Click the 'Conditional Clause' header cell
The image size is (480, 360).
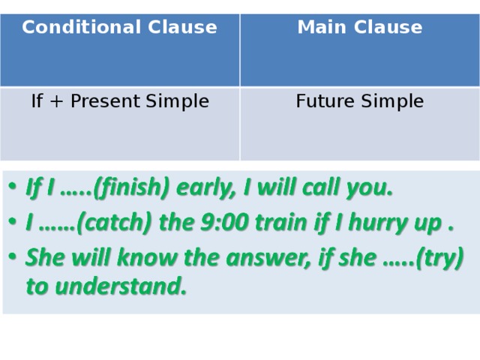pyautogui.click(x=119, y=28)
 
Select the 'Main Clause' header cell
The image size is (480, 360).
pyautogui.click(x=359, y=28)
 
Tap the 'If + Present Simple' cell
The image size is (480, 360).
pyautogui.click(x=119, y=100)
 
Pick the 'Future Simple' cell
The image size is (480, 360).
pyautogui.click(x=359, y=100)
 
